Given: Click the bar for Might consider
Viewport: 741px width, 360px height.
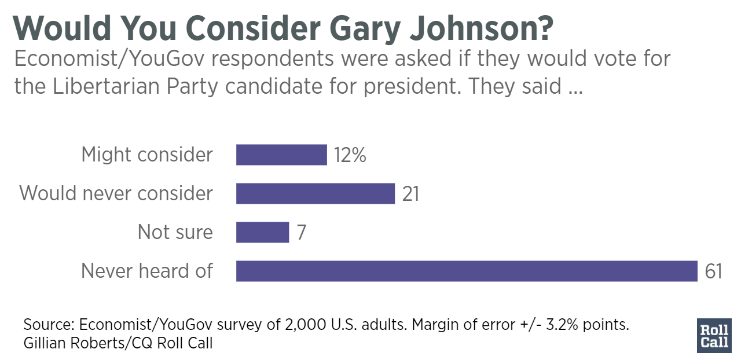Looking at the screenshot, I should tap(281, 155).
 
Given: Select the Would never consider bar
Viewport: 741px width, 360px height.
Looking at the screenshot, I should tap(315, 193).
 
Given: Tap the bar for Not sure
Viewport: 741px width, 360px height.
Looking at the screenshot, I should tap(262, 232).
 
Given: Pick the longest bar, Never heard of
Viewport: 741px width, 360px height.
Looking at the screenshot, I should tap(467, 271).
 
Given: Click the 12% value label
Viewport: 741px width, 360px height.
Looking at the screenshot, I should tap(350, 156).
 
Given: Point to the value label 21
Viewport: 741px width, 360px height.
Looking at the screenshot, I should tap(410, 194).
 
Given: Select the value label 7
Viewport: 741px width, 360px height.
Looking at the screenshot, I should tap(301, 233).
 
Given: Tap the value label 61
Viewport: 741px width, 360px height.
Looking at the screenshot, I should tap(714, 271).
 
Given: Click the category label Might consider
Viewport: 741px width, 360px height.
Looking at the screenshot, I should tap(147, 155).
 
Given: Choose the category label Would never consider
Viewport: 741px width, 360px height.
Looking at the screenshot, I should tap(116, 193).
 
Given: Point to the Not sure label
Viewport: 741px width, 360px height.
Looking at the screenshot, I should tap(175, 232).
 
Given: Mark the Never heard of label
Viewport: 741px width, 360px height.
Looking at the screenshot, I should tap(147, 271).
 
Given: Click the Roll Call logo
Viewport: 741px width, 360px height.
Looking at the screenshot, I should tap(715, 335).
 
